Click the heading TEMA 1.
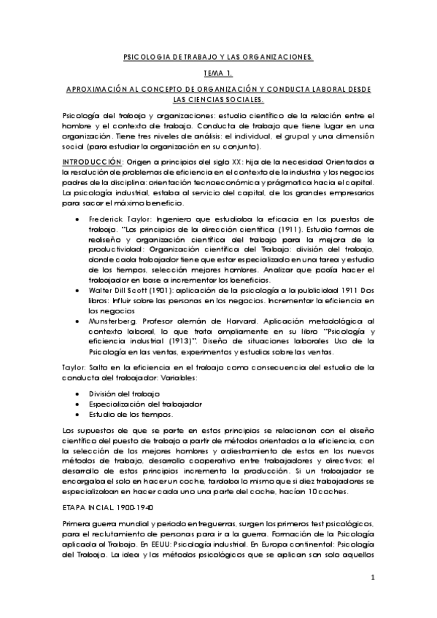218,73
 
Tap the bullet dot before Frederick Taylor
78,218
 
